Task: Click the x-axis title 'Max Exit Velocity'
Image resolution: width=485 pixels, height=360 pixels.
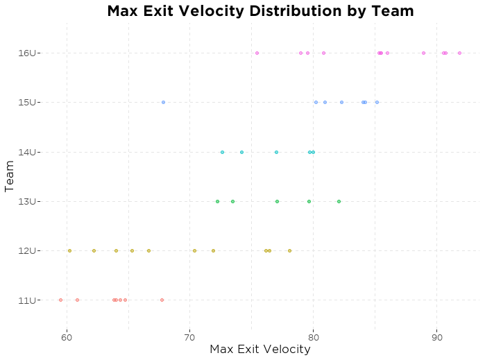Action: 259,349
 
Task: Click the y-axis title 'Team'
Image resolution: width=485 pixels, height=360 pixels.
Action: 10,176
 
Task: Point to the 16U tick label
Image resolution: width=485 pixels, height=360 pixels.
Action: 31,53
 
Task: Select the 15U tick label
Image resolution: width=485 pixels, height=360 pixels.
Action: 31,102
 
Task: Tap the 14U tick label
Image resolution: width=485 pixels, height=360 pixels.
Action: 31,152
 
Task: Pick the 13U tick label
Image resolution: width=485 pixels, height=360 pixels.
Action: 31,201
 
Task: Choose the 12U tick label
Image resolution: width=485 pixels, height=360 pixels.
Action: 31,250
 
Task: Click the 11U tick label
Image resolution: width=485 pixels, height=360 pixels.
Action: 31,300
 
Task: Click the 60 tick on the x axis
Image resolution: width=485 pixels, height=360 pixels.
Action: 67,338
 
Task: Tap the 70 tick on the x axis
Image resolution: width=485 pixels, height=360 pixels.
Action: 190,338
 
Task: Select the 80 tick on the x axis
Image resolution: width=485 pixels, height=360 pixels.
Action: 313,338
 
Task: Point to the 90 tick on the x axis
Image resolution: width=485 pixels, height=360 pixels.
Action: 436,338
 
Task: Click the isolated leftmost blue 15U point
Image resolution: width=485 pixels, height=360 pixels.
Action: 163,102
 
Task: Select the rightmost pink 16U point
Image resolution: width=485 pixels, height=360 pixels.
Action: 459,53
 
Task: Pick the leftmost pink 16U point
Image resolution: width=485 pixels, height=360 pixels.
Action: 257,53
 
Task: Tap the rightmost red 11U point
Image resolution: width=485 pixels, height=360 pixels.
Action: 162,300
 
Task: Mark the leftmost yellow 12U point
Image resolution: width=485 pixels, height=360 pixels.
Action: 69,250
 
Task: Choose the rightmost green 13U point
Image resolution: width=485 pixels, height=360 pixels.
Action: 339,201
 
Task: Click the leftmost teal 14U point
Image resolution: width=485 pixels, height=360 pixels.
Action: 222,152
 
